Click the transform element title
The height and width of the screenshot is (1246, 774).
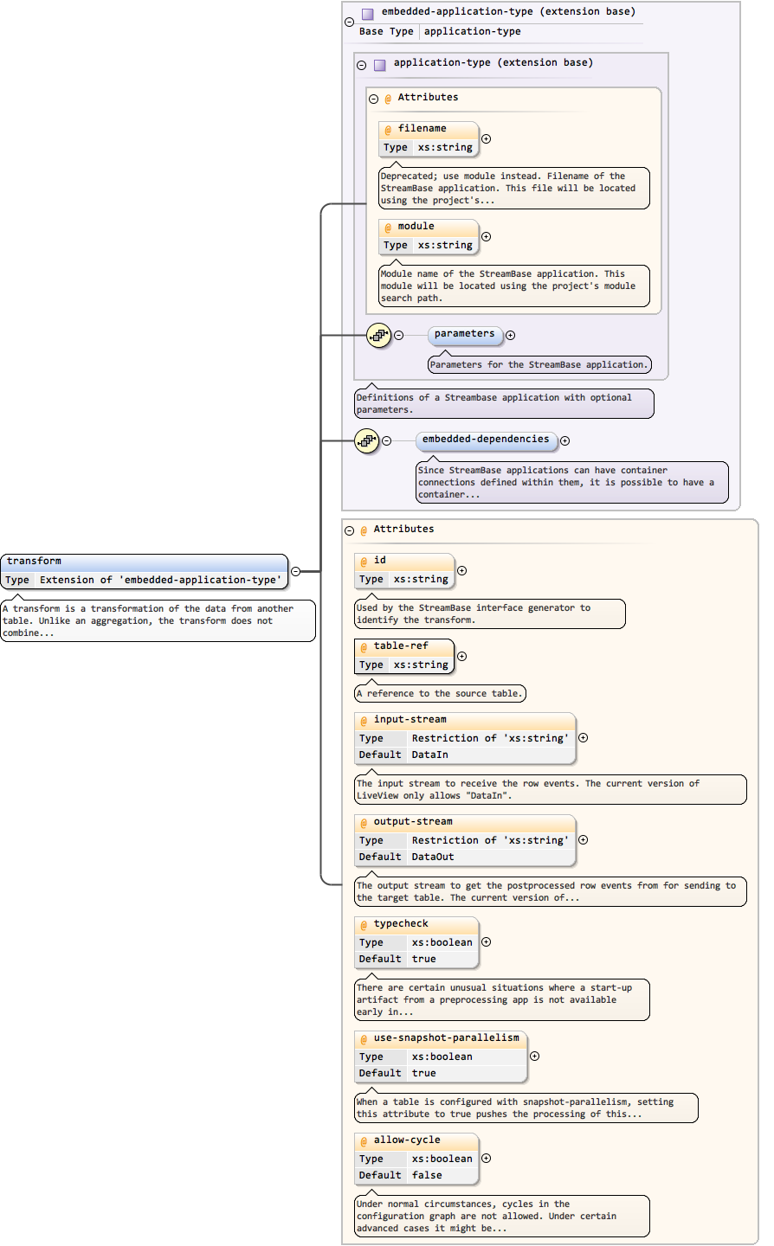point(35,562)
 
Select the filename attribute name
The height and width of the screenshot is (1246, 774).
point(422,129)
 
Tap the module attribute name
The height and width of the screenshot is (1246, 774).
point(416,227)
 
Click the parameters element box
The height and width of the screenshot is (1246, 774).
point(465,334)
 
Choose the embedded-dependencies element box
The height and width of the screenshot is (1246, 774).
point(486,440)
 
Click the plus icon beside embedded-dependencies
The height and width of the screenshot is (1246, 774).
point(565,441)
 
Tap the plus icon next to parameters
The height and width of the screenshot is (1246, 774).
point(511,336)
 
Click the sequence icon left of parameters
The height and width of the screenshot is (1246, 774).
point(378,336)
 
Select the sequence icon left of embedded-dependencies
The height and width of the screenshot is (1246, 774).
point(366,441)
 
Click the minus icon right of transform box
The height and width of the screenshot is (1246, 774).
point(295,571)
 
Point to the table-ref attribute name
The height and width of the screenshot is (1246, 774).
point(401,646)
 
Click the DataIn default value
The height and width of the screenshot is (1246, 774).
point(429,755)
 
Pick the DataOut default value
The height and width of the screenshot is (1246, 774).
point(432,857)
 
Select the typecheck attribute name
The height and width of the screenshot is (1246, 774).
point(401,924)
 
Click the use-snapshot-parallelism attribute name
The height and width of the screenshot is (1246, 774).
point(446,1038)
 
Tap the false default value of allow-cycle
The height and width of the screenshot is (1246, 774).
point(427,1176)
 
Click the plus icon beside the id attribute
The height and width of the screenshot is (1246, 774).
point(462,571)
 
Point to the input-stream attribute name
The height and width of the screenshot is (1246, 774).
point(410,720)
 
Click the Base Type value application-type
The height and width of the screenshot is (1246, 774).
point(472,32)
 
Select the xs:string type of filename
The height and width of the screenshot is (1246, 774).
point(445,148)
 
